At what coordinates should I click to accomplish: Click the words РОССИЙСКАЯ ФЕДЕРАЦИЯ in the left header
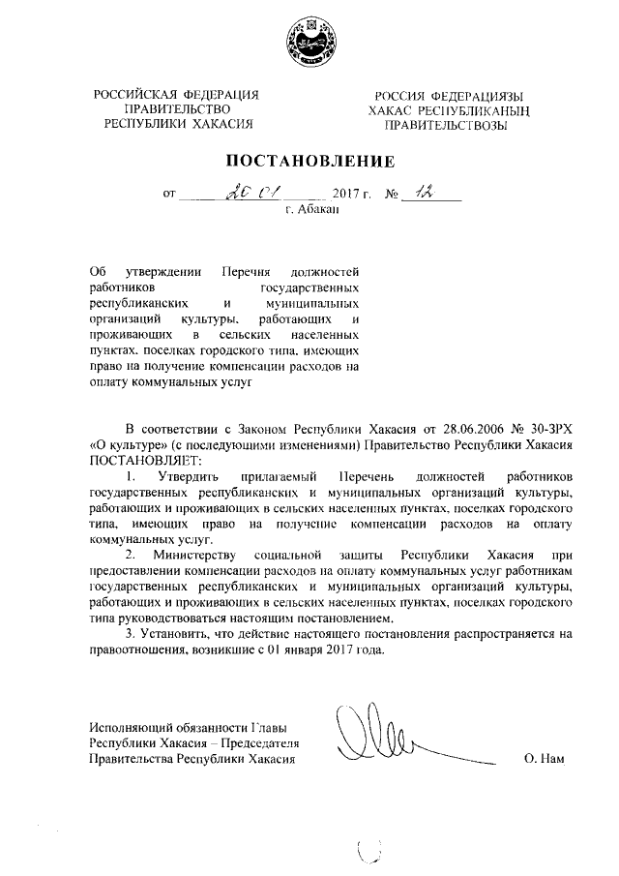tap(175, 95)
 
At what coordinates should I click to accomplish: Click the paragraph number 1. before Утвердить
tap(133, 475)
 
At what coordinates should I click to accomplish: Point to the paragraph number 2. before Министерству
tap(133, 555)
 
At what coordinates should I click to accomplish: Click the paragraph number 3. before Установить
tap(133, 634)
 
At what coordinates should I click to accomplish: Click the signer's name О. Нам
tap(545, 760)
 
